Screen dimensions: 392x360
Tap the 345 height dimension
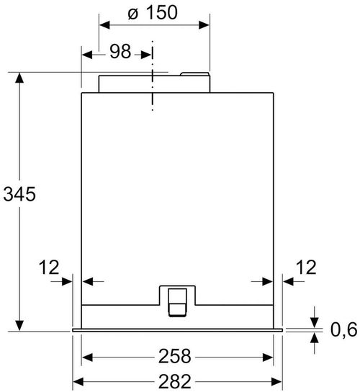[x=17, y=194]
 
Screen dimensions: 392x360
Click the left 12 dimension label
[x=48, y=268]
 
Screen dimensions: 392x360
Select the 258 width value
[x=176, y=356]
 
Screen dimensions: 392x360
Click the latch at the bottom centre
[x=176, y=298]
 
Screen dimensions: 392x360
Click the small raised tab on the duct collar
[x=194, y=73]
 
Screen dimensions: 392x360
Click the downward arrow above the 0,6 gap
[x=315, y=320]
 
